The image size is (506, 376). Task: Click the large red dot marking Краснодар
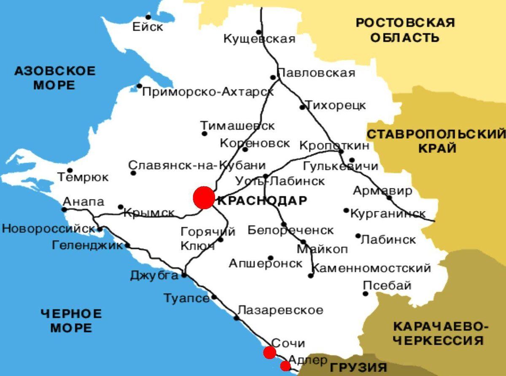[x=204, y=198]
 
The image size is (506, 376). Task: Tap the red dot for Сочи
[x=269, y=352]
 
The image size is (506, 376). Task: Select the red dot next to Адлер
[x=285, y=365]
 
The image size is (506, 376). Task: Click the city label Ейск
[x=148, y=27]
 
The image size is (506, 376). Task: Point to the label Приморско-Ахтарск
[x=208, y=92]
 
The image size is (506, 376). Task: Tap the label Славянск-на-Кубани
[x=197, y=165]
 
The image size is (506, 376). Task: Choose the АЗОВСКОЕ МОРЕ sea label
[x=55, y=78]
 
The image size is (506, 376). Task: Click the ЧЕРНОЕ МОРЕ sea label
[x=71, y=320]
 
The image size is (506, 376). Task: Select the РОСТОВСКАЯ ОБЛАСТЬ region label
[x=405, y=30]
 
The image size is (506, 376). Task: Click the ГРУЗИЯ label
[x=358, y=367]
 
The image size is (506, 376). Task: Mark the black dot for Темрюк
[x=70, y=170]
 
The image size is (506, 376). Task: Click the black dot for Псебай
[x=366, y=294]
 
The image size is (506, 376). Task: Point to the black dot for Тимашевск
[x=205, y=134]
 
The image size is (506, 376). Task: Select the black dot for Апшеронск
[x=271, y=258]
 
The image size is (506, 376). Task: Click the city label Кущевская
[x=259, y=39]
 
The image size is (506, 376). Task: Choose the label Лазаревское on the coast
[x=280, y=310]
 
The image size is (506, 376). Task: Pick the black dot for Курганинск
[x=346, y=210]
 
